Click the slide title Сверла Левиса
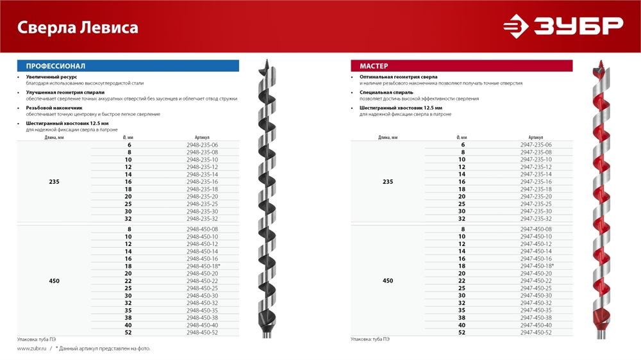click(77, 28)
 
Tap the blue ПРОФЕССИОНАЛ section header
click(128, 66)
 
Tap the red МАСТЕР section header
click(462, 66)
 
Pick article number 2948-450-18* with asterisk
click(203, 266)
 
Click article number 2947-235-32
click(536, 218)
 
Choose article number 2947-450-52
click(536, 332)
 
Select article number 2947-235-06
click(536, 145)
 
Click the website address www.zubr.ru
click(30, 348)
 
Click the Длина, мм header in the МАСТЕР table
click(388, 138)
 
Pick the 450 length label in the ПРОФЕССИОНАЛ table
click(54, 281)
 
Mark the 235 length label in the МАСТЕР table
click(388, 182)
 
